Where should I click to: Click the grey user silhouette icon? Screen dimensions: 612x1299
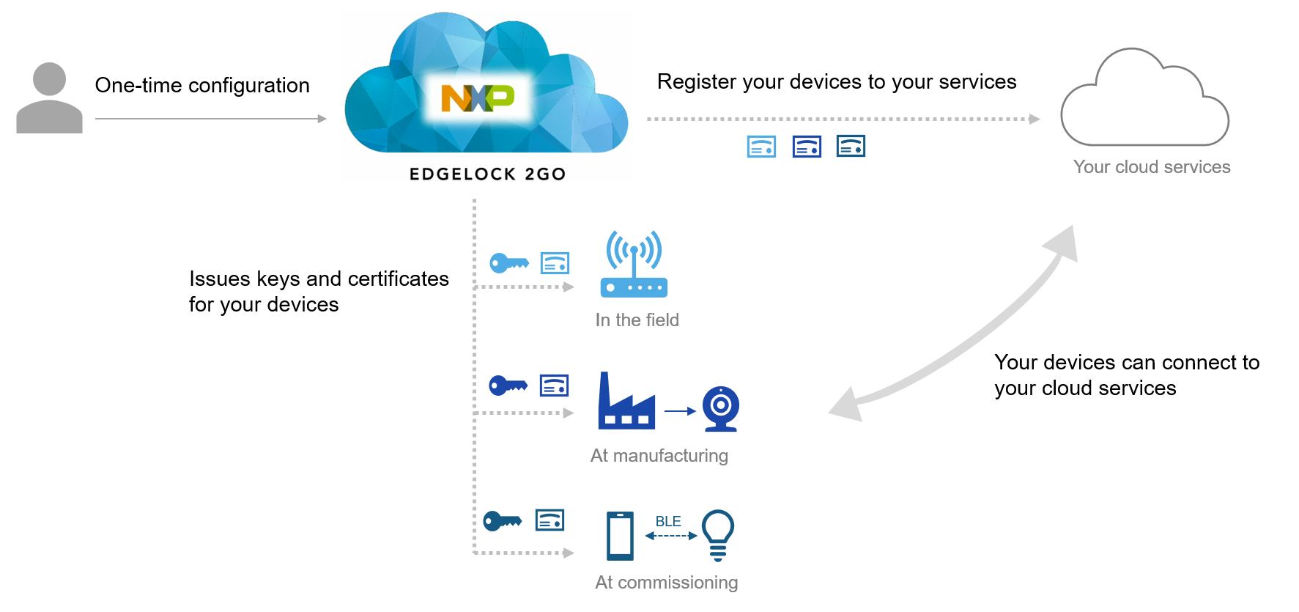coord(49,99)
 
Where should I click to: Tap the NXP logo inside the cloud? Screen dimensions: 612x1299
coord(478,97)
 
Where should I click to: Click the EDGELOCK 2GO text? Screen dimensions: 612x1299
coord(487,174)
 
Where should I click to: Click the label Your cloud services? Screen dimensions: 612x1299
coord(1151,167)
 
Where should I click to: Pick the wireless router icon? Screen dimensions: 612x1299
coord(634,265)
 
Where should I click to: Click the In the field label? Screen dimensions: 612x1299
coord(637,320)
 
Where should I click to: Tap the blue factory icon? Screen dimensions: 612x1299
coord(626,403)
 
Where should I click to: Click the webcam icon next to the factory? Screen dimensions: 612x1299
coord(720,408)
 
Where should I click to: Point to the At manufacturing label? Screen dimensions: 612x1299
coord(659,456)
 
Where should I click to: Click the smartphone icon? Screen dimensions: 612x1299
coord(620,536)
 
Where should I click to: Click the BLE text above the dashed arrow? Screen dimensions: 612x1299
coord(668,521)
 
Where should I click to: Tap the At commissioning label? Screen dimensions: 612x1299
coord(666,583)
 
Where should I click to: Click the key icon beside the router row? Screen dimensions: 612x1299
coord(508,262)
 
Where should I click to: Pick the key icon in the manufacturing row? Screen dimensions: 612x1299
coord(508,385)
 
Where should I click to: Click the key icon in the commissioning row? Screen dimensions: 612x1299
coord(503,521)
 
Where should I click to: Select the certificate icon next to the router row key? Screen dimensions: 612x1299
coord(555,262)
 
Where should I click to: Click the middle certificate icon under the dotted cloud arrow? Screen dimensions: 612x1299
coord(807,147)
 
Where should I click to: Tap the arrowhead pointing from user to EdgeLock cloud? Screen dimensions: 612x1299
coord(322,119)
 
